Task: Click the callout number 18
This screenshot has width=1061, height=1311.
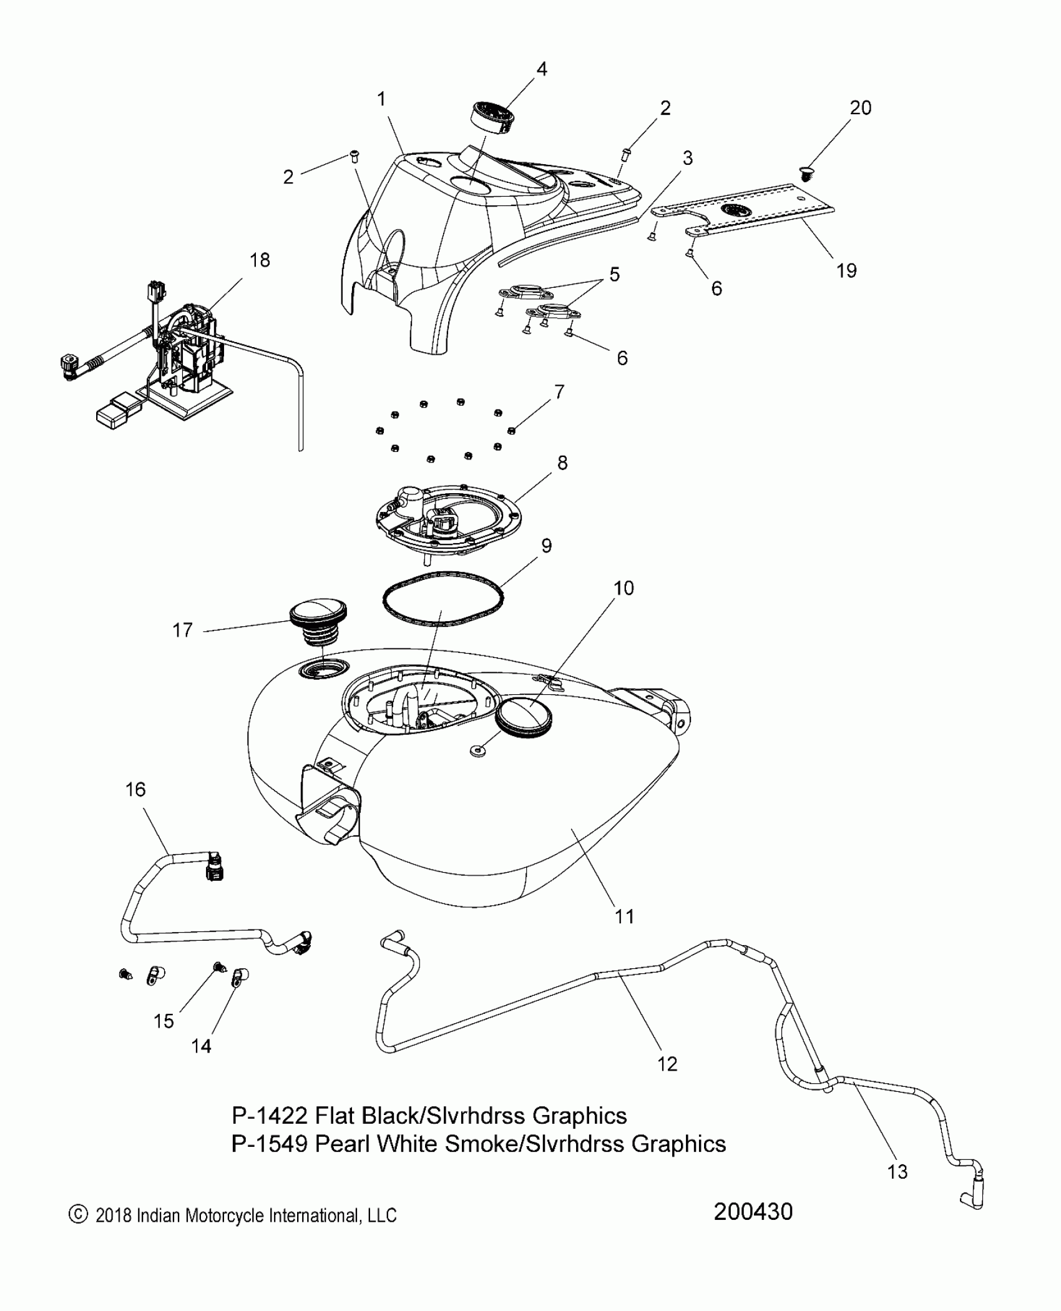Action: (260, 260)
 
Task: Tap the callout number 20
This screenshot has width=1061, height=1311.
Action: (860, 108)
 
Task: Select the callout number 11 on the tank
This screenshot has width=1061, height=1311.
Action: (624, 916)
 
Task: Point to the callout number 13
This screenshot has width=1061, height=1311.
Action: (897, 1172)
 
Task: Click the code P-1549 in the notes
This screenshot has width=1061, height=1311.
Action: (269, 1144)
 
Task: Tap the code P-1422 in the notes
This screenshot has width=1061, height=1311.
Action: (269, 1115)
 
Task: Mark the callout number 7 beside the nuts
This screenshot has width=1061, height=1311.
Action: (559, 391)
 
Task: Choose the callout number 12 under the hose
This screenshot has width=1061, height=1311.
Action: (667, 1064)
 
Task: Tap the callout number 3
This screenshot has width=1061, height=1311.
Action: (687, 158)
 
